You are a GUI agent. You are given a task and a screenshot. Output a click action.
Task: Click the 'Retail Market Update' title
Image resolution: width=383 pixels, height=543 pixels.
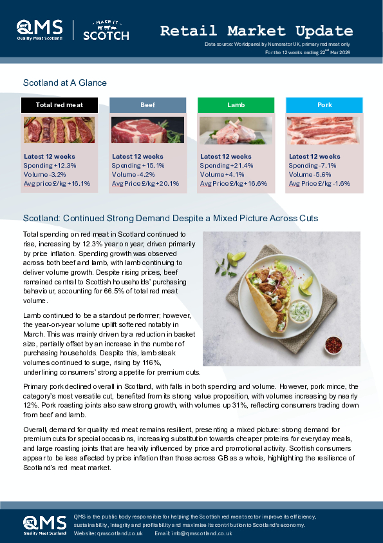click(x=256, y=30)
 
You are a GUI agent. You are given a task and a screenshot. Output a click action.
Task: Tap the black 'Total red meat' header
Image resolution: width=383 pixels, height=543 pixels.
click(x=59, y=104)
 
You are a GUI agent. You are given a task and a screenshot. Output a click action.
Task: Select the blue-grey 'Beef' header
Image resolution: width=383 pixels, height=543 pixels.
click(x=147, y=104)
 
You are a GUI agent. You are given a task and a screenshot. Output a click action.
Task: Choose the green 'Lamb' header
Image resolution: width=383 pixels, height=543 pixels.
click(x=236, y=104)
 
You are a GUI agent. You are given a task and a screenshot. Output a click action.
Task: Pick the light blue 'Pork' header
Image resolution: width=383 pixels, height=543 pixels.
click(x=324, y=104)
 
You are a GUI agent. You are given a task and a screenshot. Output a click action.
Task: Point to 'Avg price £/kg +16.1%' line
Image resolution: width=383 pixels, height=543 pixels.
click(x=57, y=183)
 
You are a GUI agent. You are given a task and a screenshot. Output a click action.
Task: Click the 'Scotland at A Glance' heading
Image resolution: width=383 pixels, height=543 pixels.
click(x=64, y=83)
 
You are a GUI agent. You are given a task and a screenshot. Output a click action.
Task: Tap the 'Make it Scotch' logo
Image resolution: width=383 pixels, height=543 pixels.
click(x=106, y=30)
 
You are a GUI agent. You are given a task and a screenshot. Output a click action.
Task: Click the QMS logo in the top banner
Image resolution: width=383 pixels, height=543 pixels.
click(x=40, y=30)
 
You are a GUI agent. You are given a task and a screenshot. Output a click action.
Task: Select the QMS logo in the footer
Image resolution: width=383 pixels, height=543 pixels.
click(x=44, y=524)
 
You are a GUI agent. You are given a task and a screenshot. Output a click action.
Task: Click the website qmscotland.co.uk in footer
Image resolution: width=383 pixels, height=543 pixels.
click(x=120, y=533)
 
